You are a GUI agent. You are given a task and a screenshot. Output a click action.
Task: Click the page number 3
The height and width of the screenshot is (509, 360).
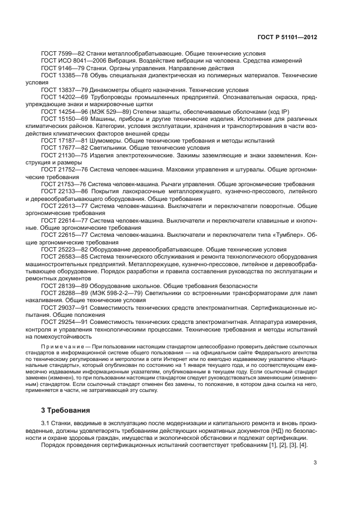click(x=315, y=463)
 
